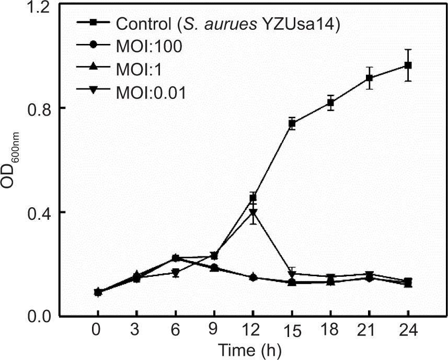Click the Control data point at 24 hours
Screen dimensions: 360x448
[408, 65]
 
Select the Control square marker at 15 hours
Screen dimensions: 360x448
[292, 124]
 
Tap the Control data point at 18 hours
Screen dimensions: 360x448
[330, 103]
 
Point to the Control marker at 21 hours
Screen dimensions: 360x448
[369, 78]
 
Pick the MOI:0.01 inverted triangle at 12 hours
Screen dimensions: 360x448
[253, 212]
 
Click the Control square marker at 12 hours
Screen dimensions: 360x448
[254, 198]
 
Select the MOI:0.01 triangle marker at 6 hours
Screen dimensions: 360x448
[176, 273]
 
